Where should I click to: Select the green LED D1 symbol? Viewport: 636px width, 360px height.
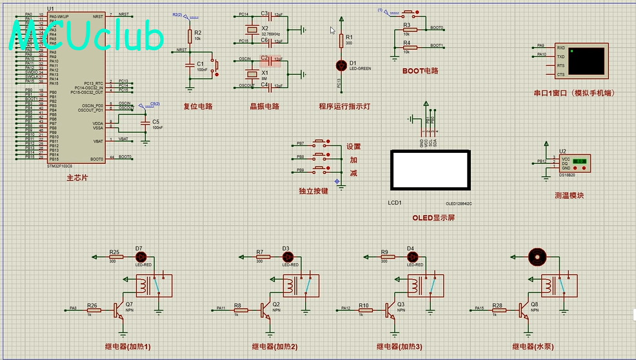tap(341, 65)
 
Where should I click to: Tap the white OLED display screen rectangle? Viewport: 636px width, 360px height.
tap(430, 170)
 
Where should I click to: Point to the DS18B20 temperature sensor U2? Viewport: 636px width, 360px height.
tap(573, 163)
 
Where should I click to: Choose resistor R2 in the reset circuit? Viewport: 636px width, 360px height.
tap(190, 35)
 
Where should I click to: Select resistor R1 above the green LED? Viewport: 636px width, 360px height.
tap(341, 41)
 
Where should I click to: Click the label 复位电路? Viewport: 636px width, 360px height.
tap(198, 106)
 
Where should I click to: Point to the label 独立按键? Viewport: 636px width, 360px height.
tap(313, 190)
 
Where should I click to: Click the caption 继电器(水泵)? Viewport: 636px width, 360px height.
tap(533, 346)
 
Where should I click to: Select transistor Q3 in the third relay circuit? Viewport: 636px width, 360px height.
tap(391, 310)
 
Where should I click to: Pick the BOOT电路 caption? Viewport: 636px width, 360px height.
tap(420, 71)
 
